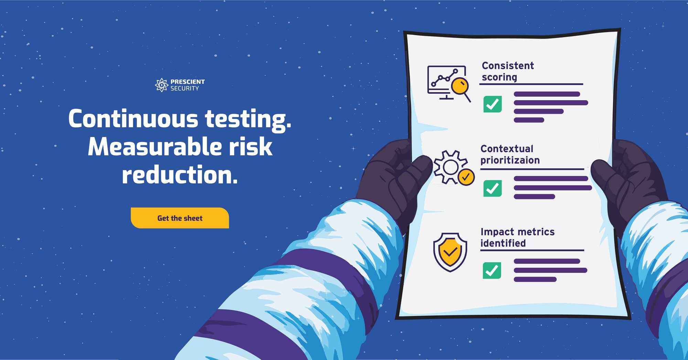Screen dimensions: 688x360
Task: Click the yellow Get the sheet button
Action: click(180, 218)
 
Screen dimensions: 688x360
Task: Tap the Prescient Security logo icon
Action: click(161, 85)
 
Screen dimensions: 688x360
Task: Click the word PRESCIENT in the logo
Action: click(187, 82)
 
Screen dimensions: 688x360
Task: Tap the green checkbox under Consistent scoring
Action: click(493, 104)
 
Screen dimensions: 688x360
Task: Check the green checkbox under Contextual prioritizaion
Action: click(493, 188)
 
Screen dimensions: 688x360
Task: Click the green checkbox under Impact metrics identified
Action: click(492, 270)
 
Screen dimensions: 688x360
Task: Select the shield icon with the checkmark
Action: click(450, 252)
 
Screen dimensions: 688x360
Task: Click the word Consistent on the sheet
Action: click(508, 65)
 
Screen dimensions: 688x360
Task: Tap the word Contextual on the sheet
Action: click(507, 149)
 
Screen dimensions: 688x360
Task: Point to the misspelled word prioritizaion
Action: click(510, 160)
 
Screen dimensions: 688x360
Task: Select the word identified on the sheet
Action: click(503, 243)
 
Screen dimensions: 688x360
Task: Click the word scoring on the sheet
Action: click(499, 77)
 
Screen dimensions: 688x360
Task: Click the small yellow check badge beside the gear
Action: click(466, 177)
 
